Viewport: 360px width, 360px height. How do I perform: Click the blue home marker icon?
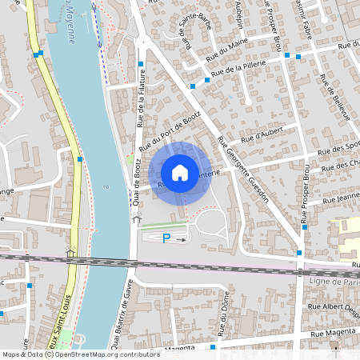(x=180, y=172)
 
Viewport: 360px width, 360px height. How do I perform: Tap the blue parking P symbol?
(x=166, y=238)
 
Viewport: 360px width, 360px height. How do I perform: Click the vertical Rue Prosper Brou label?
(x=305, y=191)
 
